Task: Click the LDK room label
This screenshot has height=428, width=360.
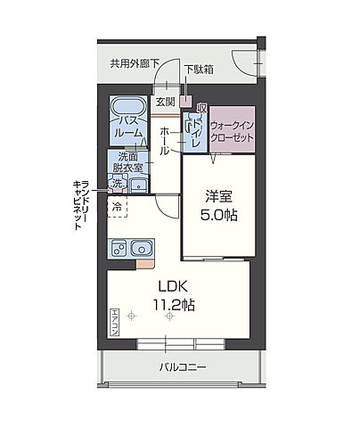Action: [x=176, y=287]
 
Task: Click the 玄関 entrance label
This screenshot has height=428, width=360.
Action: [x=166, y=101]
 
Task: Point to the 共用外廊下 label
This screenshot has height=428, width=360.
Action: [x=135, y=63]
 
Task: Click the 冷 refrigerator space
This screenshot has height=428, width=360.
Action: [x=117, y=206]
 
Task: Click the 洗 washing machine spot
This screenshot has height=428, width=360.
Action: [x=115, y=184]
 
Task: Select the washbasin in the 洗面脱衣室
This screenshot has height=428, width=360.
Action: [x=138, y=185]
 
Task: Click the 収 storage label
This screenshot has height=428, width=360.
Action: [x=202, y=107]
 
